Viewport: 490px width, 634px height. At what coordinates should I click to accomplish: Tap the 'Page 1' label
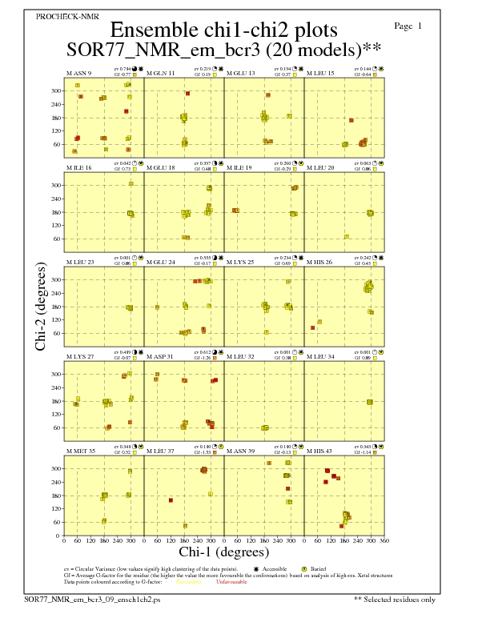(408, 26)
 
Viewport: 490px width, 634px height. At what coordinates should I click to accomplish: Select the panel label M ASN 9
(78, 74)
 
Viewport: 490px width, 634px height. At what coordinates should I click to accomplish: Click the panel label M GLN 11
(160, 74)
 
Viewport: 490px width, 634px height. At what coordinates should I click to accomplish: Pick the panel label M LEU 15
(321, 74)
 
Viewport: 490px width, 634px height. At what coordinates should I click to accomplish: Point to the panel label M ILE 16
(78, 168)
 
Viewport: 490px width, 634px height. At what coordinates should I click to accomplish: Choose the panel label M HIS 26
(321, 263)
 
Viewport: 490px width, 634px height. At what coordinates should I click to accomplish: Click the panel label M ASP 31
(160, 357)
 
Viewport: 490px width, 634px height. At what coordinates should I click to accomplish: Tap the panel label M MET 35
(80, 451)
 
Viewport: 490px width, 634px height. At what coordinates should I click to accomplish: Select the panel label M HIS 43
(321, 451)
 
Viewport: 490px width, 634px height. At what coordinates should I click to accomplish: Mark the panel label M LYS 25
(240, 263)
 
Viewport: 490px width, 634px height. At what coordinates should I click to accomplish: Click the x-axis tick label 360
(385, 541)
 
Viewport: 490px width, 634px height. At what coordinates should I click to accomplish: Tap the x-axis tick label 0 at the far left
(64, 541)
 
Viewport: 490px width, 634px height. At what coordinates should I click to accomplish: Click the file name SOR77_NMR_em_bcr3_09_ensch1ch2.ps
(93, 599)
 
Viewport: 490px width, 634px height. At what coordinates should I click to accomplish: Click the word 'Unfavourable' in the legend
(231, 582)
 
